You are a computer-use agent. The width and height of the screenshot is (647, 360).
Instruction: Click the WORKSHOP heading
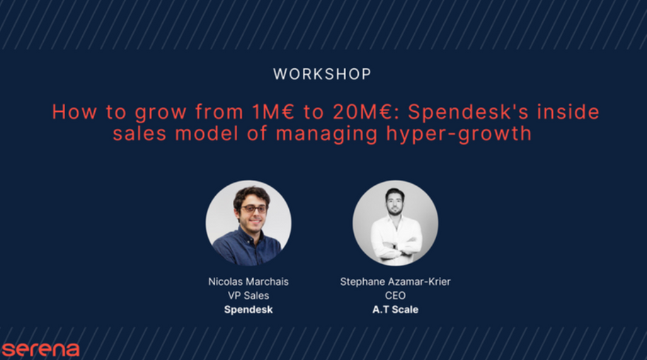[x=322, y=74]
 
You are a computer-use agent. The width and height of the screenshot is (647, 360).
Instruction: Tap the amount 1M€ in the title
[x=273, y=112]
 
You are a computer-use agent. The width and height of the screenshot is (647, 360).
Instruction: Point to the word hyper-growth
[x=459, y=134]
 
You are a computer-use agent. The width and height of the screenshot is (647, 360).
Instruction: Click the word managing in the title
[x=327, y=134]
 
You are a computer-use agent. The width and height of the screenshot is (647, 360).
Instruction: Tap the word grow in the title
[x=161, y=112]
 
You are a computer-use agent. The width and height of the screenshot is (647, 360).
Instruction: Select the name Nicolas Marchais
[x=248, y=282]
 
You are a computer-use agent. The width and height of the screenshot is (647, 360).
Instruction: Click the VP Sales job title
[x=248, y=296]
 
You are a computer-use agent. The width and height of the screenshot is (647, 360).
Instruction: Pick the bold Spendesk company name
[x=248, y=310]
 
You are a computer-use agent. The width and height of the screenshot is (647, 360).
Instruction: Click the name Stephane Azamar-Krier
[x=395, y=282]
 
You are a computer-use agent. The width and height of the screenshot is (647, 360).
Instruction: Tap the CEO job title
[x=395, y=296]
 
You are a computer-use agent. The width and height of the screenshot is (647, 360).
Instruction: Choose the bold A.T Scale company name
[x=395, y=310]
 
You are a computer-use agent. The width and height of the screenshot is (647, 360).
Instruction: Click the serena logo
[x=40, y=349]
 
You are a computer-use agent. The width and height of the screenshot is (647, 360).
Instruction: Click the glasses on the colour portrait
[x=254, y=209]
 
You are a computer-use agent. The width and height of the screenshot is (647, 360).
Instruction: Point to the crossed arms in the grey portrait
[x=396, y=246]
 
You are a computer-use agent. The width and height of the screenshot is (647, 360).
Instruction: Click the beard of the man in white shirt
[x=395, y=210]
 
